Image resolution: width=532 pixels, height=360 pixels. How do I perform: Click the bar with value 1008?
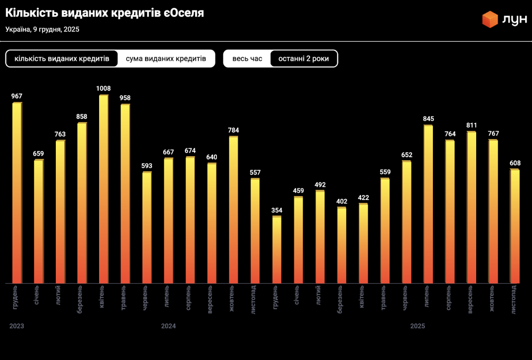(104, 190)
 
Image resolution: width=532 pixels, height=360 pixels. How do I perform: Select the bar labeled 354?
(277, 250)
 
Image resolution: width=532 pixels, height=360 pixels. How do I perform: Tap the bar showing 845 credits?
(428, 205)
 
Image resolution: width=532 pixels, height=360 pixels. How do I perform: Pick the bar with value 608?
(515, 226)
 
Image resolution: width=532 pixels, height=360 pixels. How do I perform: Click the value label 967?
(17, 96)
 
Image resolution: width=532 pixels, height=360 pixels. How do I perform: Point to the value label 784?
(233, 130)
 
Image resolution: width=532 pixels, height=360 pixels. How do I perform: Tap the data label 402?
(341, 201)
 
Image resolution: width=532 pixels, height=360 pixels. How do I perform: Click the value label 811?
(471, 125)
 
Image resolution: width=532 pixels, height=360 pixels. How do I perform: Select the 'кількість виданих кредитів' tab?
(62, 59)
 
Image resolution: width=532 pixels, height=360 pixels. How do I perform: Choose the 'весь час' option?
(247, 59)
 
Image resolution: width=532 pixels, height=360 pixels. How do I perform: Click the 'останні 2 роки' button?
(303, 59)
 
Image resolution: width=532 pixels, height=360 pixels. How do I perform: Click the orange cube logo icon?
(490, 20)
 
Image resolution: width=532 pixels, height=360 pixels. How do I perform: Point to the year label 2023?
(17, 326)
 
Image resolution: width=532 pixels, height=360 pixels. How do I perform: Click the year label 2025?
(417, 326)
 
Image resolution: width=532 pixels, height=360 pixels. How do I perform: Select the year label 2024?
(168, 326)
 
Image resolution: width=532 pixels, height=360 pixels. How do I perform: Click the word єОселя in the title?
(183, 13)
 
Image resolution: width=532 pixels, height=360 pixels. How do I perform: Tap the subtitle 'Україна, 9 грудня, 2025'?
(42, 29)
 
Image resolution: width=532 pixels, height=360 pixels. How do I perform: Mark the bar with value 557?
(255, 231)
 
